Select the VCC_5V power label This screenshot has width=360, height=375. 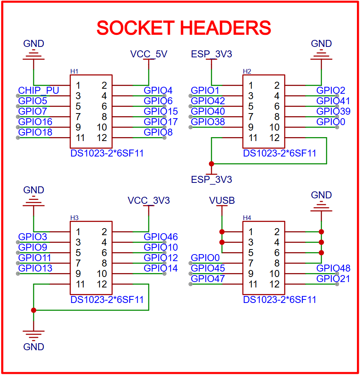point(149,54)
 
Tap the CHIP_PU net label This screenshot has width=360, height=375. point(39,91)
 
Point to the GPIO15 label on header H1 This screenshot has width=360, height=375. point(160,112)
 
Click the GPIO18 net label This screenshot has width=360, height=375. point(35,132)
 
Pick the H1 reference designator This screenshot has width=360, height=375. point(74,71)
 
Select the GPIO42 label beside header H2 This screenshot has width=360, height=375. point(208,101)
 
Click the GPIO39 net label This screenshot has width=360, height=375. point(333,112)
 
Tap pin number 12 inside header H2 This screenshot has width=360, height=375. point(274,138)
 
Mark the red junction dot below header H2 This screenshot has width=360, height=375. point(212,163)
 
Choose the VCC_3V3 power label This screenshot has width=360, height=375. point(149,201)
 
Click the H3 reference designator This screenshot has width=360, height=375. point(74,218)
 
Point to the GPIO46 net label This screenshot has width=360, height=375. point(160,237)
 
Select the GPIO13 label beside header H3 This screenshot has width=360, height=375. point(35,268)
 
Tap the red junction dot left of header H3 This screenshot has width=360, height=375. point(34,310)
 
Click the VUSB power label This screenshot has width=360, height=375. point(222,201)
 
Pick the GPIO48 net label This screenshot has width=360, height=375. point(333,268)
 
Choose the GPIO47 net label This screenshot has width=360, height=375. point(208,279)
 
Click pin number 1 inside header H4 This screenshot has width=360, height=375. point(251,232)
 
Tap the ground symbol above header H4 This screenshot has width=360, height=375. point(321,207)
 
